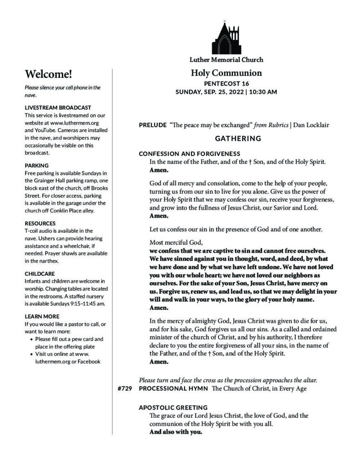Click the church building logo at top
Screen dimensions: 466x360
coord(226,38)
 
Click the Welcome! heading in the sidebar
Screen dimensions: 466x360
coord(49,74)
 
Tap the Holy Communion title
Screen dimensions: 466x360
coord(226,73)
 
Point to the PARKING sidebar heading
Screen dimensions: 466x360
coord(37,165)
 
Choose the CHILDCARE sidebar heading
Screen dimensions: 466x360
coord(40,274)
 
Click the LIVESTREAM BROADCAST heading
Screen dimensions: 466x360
coord(58,108)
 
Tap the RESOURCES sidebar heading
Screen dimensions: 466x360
coord(40,223)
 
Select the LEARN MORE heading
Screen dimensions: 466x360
coord(42,316)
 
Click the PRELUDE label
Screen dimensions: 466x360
coord(152,125)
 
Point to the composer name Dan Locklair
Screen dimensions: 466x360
coord(312,125)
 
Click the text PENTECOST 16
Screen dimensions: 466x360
coord(226,84)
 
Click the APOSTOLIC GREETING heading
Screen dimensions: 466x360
coord(173,407)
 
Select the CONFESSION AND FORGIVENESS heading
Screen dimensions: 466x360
coord(189,153)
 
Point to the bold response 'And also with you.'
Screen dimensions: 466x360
coord(176,432)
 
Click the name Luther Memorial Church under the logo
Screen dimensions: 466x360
coord(226,60)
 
